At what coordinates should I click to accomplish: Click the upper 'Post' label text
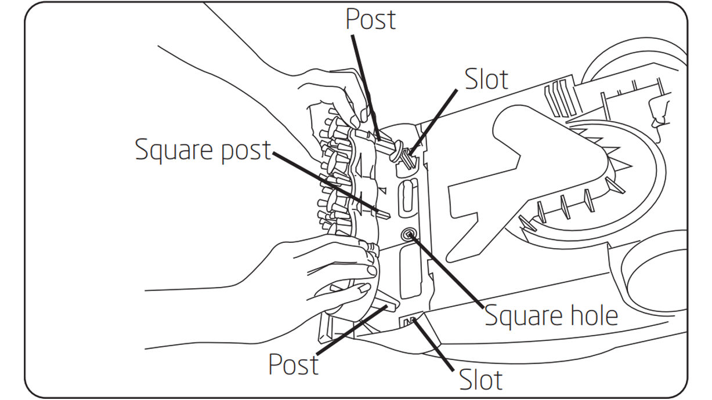370,19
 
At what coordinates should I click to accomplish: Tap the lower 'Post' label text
293,364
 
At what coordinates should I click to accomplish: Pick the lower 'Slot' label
480,380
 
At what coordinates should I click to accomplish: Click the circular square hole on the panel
409,235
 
